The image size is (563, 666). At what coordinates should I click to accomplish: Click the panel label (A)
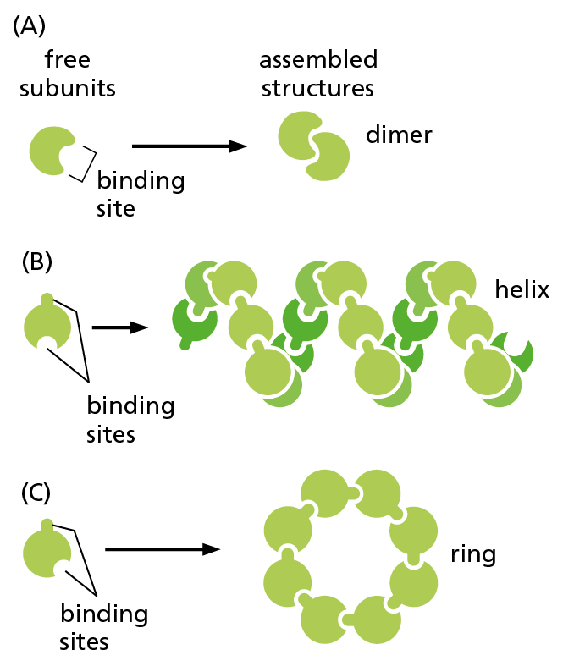30,27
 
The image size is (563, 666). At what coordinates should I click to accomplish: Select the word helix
522,290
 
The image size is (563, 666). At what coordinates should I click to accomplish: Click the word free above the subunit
69,60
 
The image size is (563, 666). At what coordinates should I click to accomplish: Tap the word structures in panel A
318,87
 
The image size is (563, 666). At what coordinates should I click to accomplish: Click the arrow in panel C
162,549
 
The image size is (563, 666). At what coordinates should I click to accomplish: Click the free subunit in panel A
52,151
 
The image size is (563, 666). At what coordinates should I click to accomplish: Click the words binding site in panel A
141,194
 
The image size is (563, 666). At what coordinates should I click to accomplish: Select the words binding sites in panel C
103,627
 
